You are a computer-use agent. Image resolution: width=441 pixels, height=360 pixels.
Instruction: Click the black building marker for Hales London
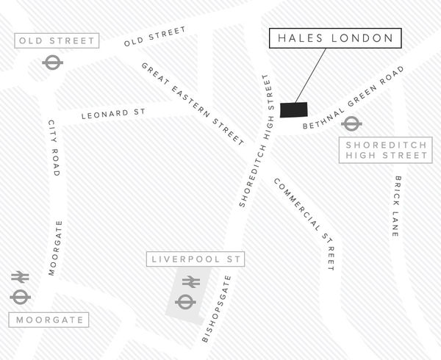tap(295, 109)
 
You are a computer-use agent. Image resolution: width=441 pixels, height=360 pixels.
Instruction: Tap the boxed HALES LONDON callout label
tap(334, 39)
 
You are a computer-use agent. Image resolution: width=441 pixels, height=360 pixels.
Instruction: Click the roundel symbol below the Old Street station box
tap(53, 62)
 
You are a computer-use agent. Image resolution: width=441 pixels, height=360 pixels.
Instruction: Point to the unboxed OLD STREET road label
tap(155, 37)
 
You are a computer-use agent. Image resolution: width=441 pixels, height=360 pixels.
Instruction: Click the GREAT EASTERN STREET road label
tap(193, 103)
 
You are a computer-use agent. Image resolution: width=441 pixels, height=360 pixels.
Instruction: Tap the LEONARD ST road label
tap(114, 114)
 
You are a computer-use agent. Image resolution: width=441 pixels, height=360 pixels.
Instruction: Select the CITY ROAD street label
tap(52, 148)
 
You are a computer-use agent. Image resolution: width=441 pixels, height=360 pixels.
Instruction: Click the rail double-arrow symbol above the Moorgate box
tap(20, 277)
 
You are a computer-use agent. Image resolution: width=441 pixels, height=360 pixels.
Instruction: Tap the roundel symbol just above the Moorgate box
tap(20, 296)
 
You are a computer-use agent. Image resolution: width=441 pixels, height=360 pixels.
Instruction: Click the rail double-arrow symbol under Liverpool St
tap(190, 281)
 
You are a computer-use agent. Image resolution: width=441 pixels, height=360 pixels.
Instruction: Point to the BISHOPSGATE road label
tap(217, 309)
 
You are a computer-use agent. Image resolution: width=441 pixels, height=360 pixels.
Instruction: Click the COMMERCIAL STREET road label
tap(304, 225)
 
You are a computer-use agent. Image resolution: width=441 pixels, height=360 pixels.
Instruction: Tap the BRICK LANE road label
tap(396, 206)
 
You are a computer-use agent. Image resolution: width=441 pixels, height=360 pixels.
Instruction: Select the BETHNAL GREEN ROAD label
tap(356, 99)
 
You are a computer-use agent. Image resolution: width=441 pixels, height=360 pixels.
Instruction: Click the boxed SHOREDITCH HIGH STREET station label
tap(386, 151)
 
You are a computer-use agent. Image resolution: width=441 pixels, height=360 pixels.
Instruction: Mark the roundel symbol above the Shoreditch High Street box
tap(351, 123)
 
